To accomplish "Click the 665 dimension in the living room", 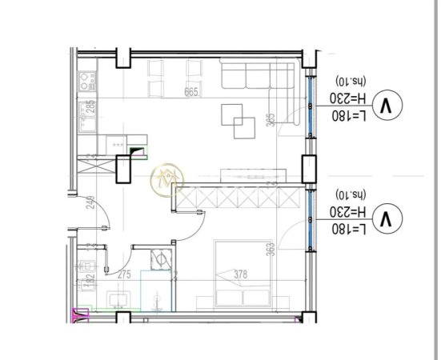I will point(190,92).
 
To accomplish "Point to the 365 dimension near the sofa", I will point(271,120).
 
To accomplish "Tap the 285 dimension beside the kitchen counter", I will point(90,108).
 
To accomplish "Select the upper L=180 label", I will point(351,116).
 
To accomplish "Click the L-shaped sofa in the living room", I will point(256,78).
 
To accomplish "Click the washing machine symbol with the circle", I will point(161,259).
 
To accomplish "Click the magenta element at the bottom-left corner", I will point(80,315).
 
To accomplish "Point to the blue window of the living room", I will point(309,112).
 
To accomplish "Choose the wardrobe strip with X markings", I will point(240,194).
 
